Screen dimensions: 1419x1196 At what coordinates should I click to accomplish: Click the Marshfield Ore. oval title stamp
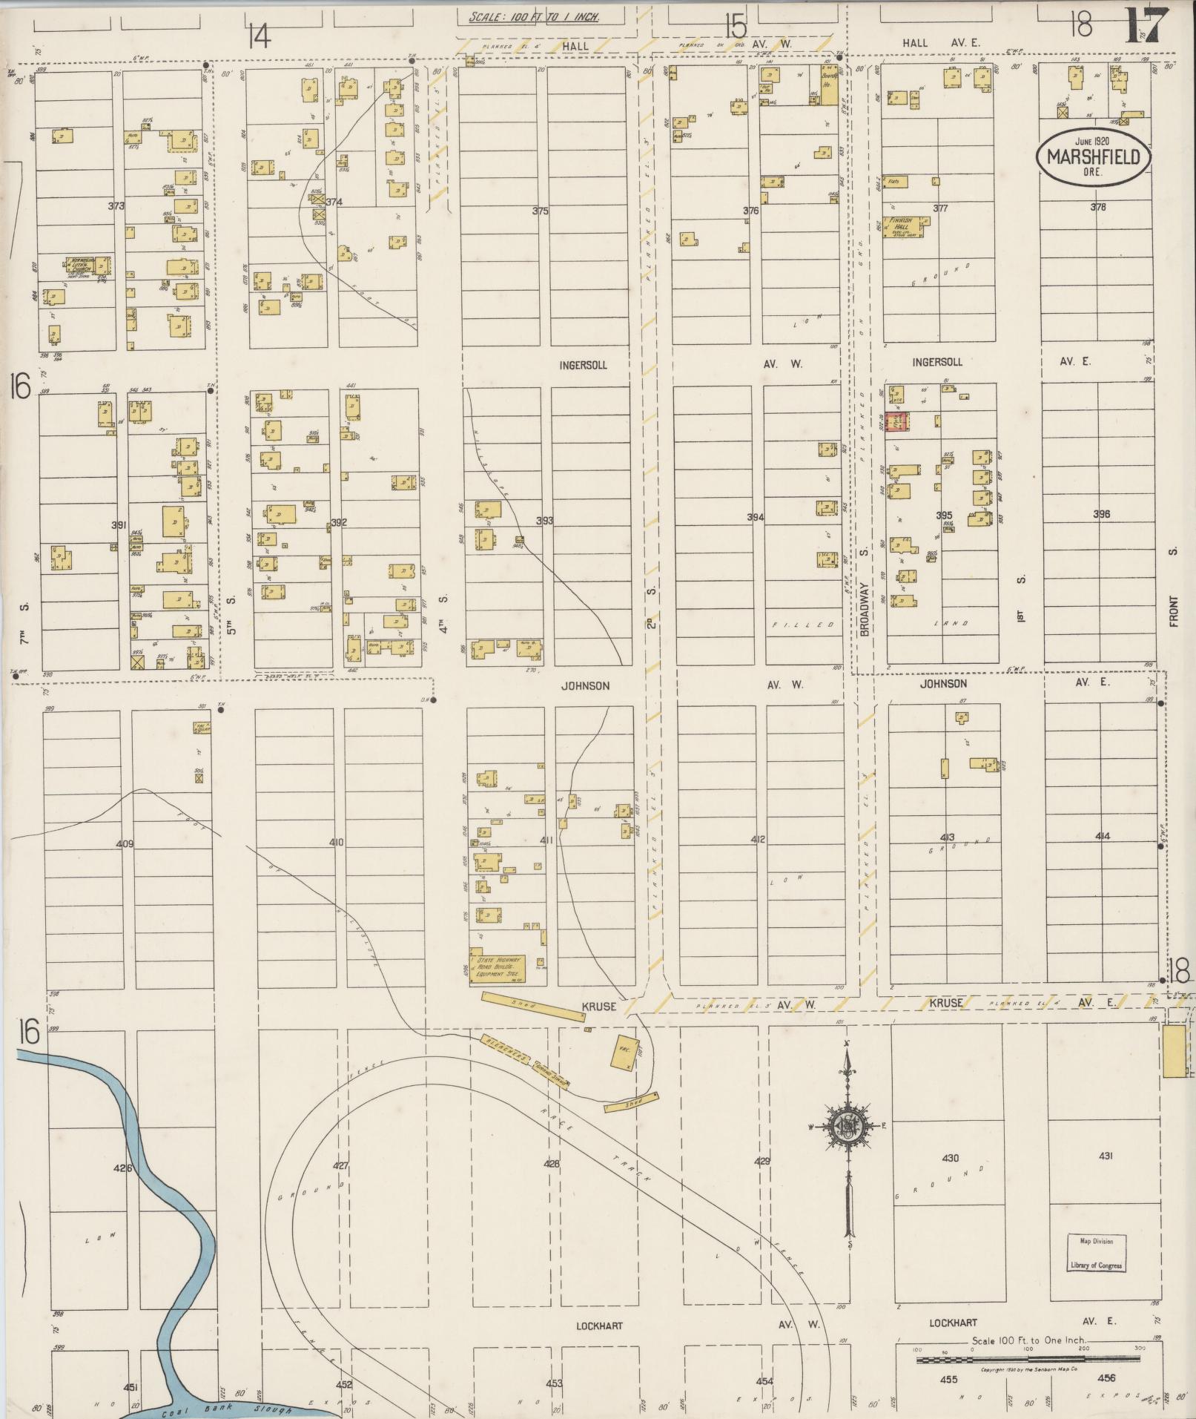[1094, 156]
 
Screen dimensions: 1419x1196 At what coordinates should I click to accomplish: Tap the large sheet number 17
[1148, 27]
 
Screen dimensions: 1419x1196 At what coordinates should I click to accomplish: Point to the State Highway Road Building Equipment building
[496, 967]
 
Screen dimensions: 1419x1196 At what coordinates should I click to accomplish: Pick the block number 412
[757, 840]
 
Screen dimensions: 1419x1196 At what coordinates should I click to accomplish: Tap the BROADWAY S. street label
[864, 593]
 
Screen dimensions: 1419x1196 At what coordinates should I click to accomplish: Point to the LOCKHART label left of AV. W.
[598, 1326]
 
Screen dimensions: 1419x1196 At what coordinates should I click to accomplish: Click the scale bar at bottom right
[1027, 1360]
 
